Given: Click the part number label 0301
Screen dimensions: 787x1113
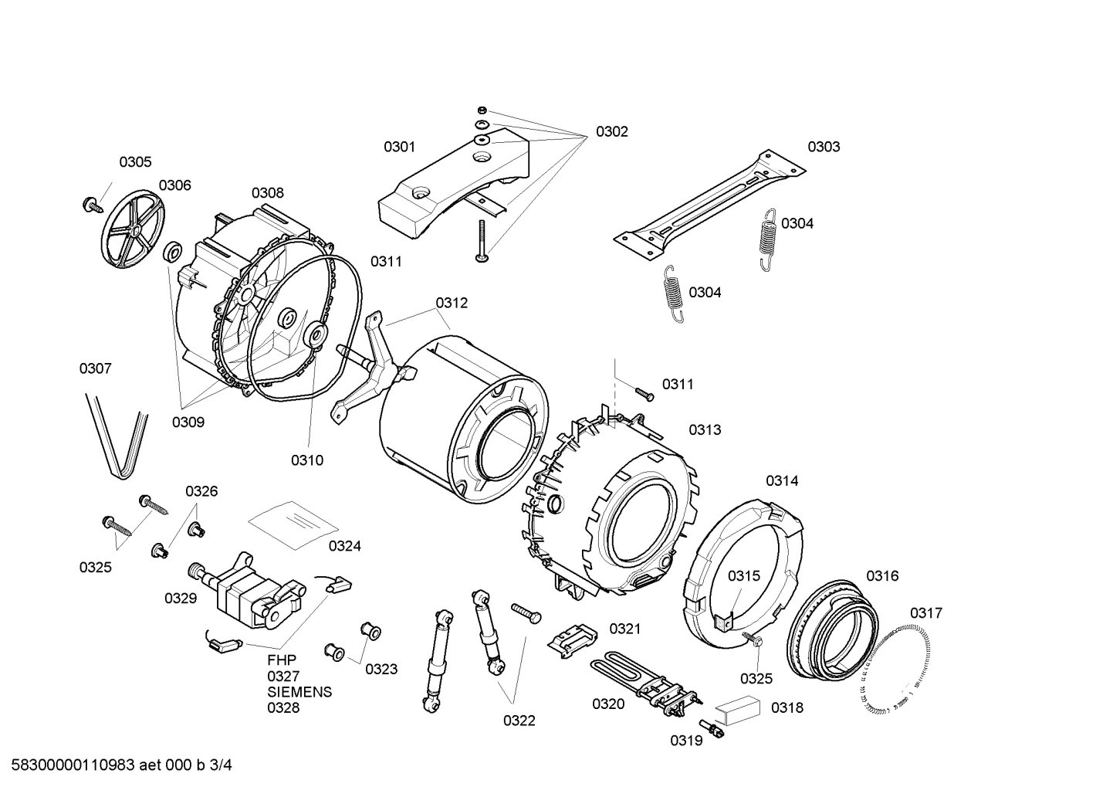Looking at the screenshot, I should click(399, 147).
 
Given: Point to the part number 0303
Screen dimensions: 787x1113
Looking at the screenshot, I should click(824, 147).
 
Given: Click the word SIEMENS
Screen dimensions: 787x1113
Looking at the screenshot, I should click(299, 692).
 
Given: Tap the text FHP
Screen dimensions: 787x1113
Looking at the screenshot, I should click(282, 660).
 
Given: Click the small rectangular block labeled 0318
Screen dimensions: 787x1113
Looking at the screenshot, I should click(737, 707).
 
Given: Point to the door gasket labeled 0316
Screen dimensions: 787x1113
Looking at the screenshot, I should click(834, 630).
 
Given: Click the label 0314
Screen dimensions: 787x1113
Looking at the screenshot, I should click(782, 481).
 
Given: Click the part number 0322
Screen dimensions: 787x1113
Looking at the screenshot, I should click(519, 721).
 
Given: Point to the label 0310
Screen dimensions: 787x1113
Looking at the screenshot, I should click(306, 461).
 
